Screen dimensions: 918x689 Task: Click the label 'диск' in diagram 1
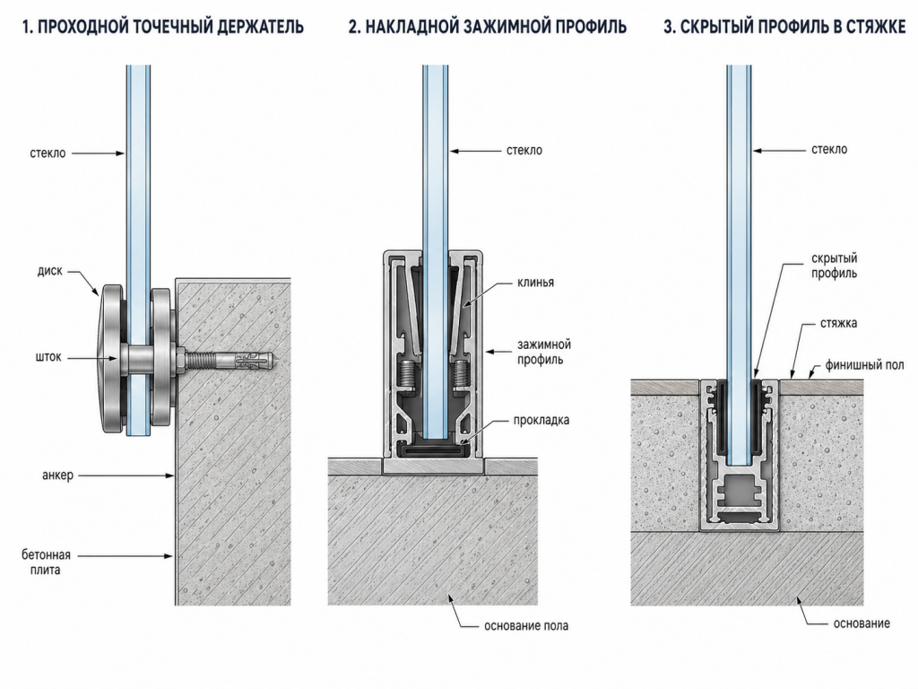[50, 271]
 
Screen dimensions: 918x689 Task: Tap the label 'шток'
[48, 357]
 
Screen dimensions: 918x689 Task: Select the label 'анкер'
[58, 475]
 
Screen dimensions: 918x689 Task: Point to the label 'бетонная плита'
[46, 562]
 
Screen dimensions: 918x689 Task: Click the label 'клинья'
[536, 283]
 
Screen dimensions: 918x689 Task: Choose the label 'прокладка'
[541, 420]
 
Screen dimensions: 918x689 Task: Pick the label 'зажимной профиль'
[544, 352]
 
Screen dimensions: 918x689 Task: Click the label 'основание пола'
[526, 625]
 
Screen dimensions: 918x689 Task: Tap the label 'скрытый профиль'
[835, 266]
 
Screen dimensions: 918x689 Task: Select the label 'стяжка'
[839, 323]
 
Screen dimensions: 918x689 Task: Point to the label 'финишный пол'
[865, 365]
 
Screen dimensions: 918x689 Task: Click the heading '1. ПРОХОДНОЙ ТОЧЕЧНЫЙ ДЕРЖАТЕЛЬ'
[163, 27]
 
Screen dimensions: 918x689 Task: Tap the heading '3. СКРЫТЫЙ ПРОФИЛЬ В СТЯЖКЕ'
[784, 27]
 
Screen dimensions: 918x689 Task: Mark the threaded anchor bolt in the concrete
[230, 359]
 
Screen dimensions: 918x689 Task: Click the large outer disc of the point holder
[111, 359]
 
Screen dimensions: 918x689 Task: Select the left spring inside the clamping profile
[408, 374]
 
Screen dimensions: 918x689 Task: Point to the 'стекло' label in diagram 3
[829, 150]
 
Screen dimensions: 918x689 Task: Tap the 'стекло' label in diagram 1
[48, 153]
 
